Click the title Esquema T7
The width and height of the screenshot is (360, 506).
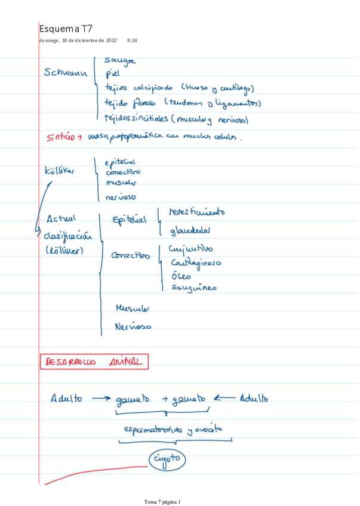66,29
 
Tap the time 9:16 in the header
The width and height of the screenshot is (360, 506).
132,41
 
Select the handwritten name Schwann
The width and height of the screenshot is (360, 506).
66,73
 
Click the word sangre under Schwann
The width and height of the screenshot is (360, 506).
119,60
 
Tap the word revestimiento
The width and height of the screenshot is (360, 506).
197,212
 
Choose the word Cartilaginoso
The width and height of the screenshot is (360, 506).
195,263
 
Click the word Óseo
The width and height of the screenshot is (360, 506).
181,276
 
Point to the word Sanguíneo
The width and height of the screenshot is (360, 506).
193,288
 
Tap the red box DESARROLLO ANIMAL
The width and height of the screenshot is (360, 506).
94,362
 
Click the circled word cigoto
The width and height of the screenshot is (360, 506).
168,459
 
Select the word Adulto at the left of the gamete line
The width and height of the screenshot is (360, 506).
66,398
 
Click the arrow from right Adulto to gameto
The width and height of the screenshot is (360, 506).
226,398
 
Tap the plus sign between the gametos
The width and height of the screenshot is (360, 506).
165,399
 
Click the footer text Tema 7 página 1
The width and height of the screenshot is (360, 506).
162,501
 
